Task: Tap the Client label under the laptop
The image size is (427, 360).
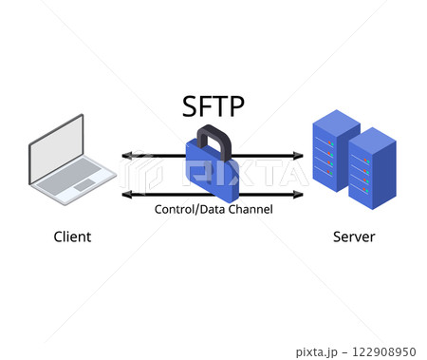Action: click(72, 237)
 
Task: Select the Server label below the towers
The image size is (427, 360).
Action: click(354, 237)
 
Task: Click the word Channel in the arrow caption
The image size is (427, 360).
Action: click(249, 208)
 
